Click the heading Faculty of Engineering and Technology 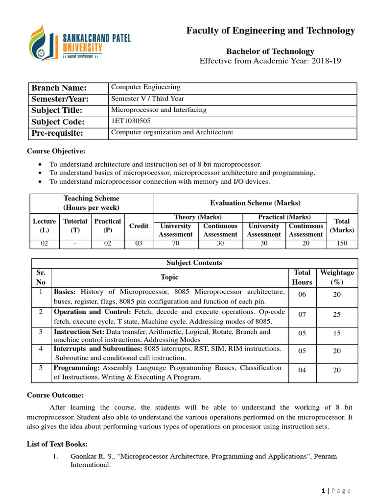point(271,31)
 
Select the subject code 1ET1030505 point(131,121)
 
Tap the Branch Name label point(59,88)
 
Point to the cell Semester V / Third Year point(147,99)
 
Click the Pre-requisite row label point(57,133)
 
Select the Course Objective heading point(56,151)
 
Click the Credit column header point(139,226)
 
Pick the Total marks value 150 point(342,243)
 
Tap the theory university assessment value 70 point(175,243)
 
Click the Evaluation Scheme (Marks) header point(255,203)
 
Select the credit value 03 point(139,243)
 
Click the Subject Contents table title point(194,263)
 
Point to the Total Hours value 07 point(302,315)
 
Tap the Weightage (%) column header point(337,277)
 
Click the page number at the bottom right point(324,491)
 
